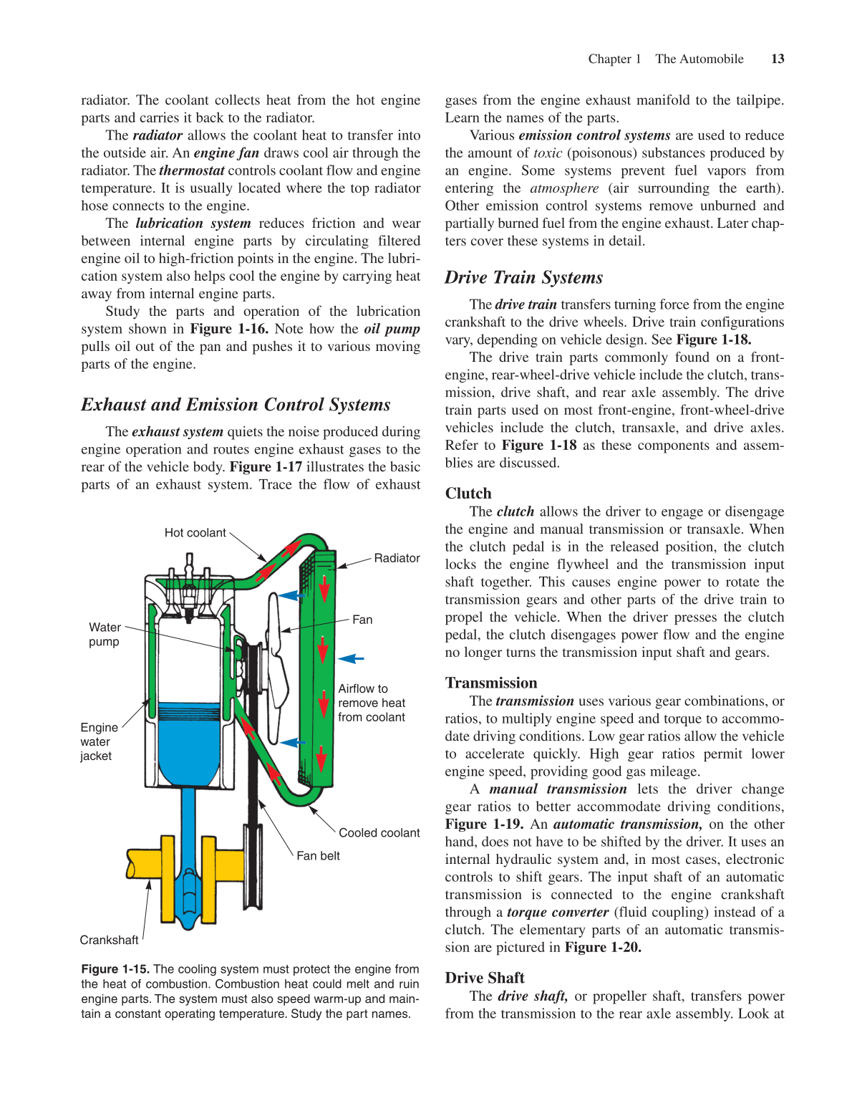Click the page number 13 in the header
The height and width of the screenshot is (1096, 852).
click(778, 59)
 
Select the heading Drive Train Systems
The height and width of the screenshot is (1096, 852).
click(523, 277)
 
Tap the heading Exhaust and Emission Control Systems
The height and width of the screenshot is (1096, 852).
click(236, 405)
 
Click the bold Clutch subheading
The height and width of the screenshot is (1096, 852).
click(468, 493)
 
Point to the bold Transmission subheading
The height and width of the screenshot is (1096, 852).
click(490, 683)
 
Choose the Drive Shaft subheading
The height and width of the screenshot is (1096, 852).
click(485, 978)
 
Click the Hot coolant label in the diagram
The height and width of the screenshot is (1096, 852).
click(195, 532)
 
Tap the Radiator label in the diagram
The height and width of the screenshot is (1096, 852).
click(397, 558)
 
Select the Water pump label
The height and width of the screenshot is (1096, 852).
click(105, 635)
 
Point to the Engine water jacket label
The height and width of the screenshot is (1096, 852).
click(98, 741)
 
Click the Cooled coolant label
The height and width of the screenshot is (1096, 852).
click(379, 832)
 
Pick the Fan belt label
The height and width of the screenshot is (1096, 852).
click(318, 855)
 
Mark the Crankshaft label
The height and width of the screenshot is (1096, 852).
click(109, 940)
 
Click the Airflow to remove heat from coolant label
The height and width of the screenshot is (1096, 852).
click(371, 703)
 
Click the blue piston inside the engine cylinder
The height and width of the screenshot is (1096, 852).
click(188, 745)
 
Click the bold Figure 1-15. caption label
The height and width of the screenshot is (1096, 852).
click(115, 969)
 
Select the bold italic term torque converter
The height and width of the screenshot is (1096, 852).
click(558, 912)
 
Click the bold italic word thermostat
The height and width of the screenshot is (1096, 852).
click(191, 170)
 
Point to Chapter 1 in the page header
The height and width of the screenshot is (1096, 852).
click(614, 59)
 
